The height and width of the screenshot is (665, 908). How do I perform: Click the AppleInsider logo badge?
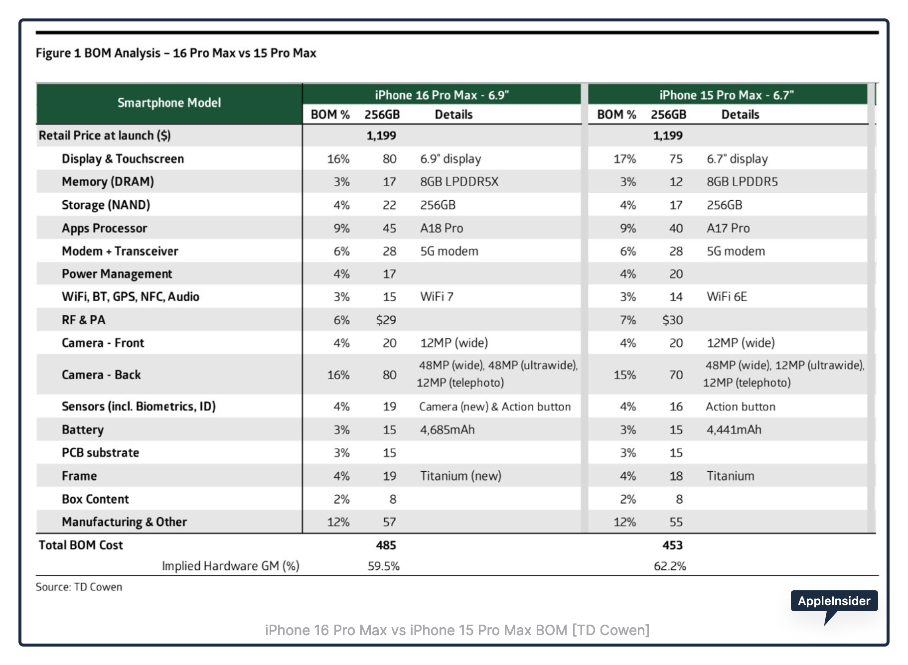(834, 601)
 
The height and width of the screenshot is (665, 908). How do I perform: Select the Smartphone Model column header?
(169, 103)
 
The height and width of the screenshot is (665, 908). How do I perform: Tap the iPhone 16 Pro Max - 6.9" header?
(442, 95)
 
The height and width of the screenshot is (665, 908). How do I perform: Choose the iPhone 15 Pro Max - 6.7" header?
(726, 95)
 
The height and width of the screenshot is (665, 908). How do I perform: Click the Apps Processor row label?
(104, 228)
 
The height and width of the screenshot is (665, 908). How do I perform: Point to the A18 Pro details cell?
(442, 228)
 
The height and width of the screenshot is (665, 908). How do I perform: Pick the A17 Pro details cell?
(728, 228)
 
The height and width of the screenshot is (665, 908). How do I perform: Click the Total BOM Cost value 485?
(386, 545)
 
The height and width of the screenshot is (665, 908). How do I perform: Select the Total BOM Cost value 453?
(672, 545)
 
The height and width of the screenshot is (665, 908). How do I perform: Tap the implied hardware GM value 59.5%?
(384, 566)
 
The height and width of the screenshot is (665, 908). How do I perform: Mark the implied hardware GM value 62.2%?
(670, 566)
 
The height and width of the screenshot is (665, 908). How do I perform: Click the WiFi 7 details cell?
(437, 297)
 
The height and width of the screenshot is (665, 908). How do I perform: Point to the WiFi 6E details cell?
(727, 297)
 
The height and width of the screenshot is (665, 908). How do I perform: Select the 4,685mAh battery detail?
(447, 429)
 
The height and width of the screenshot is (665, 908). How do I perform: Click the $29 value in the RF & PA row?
(386, 320)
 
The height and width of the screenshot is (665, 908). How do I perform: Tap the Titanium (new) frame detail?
(460, 476)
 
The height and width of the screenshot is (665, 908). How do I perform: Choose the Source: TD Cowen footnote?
(79, 587)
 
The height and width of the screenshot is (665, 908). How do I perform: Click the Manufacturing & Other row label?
(124, 522)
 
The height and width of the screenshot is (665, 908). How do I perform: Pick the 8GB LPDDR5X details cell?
(459, 182)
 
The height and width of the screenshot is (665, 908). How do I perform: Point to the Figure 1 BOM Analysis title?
(176, 53)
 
